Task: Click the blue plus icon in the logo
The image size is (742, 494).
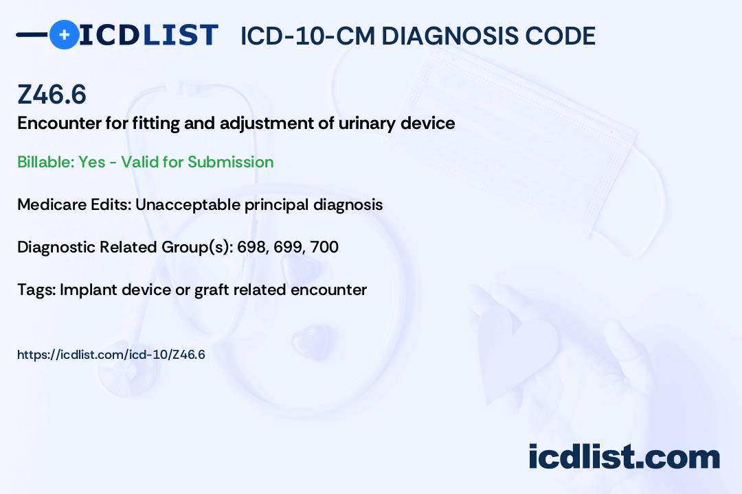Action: click(64, 34)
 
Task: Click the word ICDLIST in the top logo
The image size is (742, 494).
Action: click(148, 35)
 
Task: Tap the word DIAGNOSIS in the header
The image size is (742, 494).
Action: click(449, 36)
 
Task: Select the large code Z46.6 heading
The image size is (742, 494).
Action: click(52, 94)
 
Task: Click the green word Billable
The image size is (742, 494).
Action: click(45, 162)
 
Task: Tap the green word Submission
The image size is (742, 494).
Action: click(230, 162)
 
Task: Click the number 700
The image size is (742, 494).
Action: click(324, 247)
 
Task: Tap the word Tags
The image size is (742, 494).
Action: click(37, 290)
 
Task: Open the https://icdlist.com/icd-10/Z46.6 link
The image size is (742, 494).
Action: click(111, 355)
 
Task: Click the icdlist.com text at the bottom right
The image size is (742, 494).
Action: click(624, 456)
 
